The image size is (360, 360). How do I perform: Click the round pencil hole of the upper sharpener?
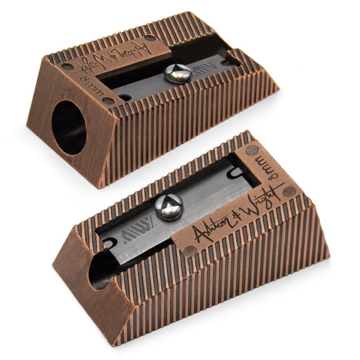tap(68, 126)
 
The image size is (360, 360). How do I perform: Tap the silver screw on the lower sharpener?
tap(169, 206)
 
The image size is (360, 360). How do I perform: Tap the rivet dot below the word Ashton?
tap(190, 251)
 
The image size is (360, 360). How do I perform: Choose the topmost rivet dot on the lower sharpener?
tap(252, 150)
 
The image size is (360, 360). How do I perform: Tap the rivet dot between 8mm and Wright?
tap(288, 191)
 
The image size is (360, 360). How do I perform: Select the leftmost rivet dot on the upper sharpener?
tap(67, 66)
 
